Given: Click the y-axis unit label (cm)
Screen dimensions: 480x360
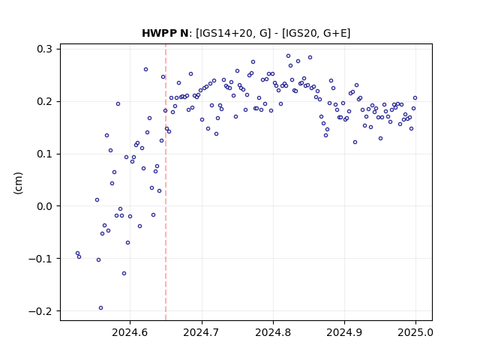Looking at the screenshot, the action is coord(18,183).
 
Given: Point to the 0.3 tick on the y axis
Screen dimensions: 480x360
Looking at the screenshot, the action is coord(44,49).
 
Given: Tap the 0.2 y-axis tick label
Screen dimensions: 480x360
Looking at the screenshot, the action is coord(44,101).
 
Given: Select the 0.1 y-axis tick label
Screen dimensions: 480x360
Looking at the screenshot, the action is coord(44,154).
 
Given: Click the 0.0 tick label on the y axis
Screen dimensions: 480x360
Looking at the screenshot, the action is coord(44,206).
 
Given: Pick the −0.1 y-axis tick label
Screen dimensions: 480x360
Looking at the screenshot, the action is coord(40,259).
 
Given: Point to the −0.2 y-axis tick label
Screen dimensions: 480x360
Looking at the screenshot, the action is coord(40,311).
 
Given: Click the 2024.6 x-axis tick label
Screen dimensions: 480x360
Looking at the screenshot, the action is coord(130,332).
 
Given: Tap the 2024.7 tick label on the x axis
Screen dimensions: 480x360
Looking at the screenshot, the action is coord(201,332).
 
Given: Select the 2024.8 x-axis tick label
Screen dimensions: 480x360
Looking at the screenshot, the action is coord(273,332).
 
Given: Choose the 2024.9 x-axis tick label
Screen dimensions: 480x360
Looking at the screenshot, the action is coord(344,332).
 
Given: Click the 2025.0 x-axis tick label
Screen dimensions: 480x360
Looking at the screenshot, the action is coord(415,332).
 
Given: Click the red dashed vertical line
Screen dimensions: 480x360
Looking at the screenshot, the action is coord(166,182).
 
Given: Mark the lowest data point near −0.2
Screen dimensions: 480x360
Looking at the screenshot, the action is coord(100,308).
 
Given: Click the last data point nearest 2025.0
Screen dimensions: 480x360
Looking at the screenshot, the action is coord(415,98).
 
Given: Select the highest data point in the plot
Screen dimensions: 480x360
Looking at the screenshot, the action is coord(288,56).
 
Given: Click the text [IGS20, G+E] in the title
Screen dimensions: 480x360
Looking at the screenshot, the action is coord(316,33).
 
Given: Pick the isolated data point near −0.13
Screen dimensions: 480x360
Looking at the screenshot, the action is coord(124,273).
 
